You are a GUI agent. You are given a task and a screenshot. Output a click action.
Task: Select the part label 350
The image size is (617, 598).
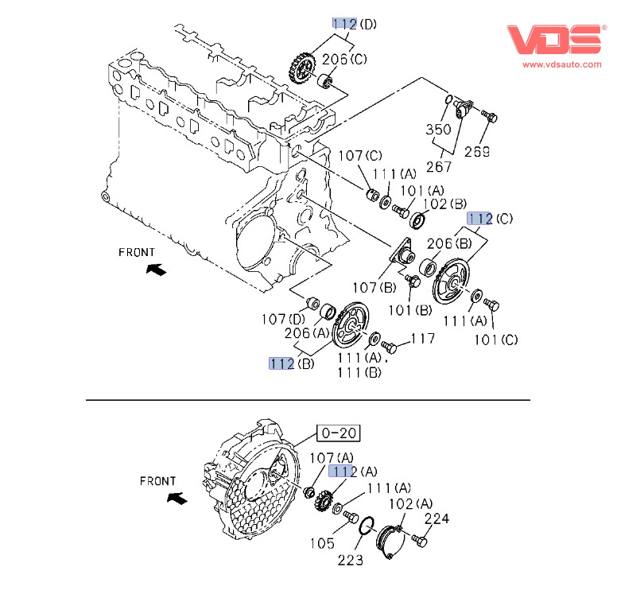[x=439, y=128]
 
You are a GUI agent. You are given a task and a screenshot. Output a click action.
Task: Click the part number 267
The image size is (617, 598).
[x=439, y=166]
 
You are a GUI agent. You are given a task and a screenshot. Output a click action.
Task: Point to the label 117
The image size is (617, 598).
[x=423, y=340]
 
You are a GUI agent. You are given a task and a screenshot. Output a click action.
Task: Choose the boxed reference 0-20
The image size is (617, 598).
[x=339, y=433]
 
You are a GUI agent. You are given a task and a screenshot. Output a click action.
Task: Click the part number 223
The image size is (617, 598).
[x=350, y=560]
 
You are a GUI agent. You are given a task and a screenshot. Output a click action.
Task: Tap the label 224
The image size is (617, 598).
[x=437, y=519]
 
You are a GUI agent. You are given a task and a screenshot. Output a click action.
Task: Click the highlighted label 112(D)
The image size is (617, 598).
[x=355, y=24]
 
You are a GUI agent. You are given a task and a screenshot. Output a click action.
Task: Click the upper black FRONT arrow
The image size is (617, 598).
[x=157, y=270]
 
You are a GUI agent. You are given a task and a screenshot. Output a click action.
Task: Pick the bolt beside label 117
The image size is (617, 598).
[x=389, y=346]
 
